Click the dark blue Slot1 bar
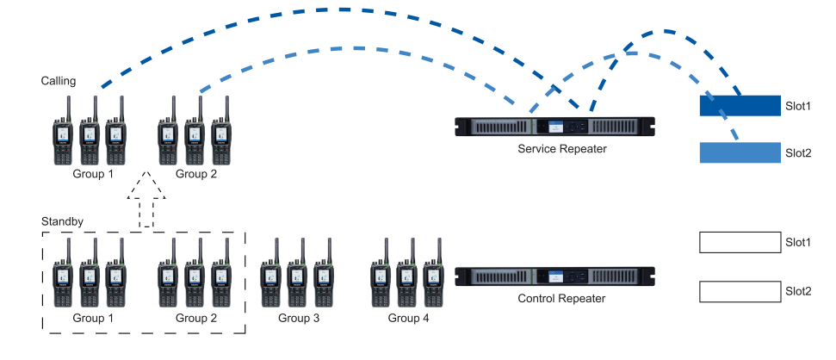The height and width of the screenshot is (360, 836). [739, 106]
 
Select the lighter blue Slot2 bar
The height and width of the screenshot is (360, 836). [739, 152]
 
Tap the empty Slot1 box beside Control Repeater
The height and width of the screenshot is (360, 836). [739, 243]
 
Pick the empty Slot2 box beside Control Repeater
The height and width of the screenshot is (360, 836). [739, 291]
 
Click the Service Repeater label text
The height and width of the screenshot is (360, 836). [562, 149]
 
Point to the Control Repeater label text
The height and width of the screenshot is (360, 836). [562, 299]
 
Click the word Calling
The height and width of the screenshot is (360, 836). [59, 81]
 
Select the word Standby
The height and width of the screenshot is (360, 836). [63, 221]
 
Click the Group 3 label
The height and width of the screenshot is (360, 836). [299, 319]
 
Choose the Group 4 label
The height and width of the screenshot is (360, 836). [408, 319]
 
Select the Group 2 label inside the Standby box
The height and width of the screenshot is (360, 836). [196, 319]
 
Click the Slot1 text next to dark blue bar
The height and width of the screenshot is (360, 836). [798, 106]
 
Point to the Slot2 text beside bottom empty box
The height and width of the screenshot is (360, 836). [798, 291]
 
